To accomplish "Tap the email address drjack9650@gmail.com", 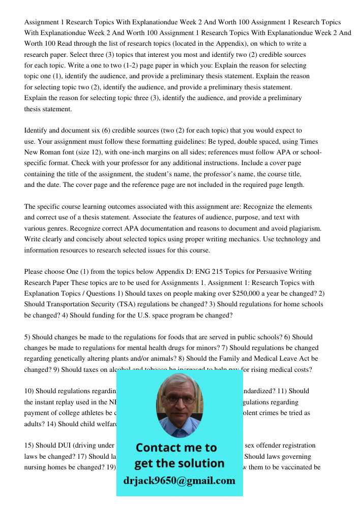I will pyautogui.click(x=179, y=480).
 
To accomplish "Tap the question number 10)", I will pyautogui.click(x=29, y=391).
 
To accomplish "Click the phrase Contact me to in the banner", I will pyautogui.click(x=176, y=448).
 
